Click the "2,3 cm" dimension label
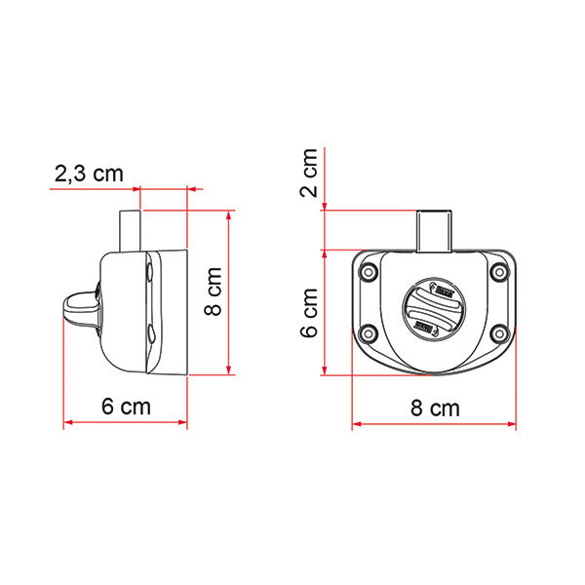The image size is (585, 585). coord(89,174)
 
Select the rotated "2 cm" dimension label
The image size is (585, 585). coord(309,173)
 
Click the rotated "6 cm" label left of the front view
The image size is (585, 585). coord(309,312)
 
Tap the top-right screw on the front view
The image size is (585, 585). coord(499,273)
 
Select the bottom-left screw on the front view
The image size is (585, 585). coord(370,334)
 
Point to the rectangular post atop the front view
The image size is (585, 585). coord(433,229)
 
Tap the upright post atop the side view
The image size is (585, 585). coord(131,230)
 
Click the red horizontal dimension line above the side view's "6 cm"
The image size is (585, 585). coord(126,423)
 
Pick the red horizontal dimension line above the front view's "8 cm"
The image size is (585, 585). coord(433,424)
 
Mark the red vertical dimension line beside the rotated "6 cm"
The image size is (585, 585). coord(325,312)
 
